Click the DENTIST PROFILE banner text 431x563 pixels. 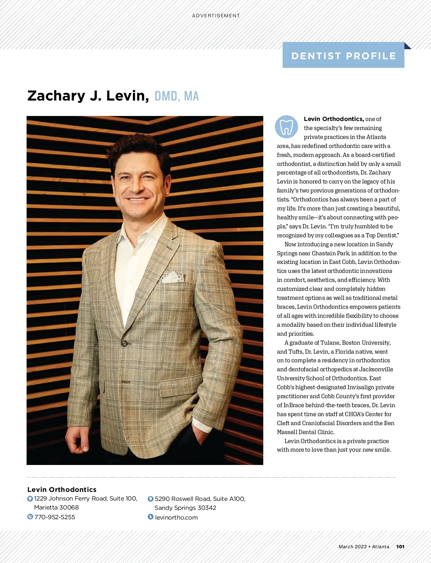(343, 56)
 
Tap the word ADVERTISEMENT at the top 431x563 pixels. (216, 16)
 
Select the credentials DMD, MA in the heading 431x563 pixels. (176, 96)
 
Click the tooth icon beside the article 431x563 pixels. (286, 127)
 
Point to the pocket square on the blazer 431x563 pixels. (172, 277)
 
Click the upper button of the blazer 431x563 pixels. (124, 343)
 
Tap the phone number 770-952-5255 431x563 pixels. (55, 517)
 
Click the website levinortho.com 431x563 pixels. (176, 517)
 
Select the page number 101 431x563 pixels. (400, 546)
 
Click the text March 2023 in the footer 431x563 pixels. (352, 546)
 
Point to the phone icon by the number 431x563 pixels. (30, 517)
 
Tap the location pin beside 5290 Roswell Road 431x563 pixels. (150, 499)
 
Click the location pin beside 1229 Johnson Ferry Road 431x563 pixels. (30, 499)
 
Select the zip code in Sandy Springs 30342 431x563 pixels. (207, 508)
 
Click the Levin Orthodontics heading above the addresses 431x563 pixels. (62, 489)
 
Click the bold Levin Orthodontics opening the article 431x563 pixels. (334, 119)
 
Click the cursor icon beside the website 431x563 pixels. (150, 517)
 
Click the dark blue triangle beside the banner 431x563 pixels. (407, 46)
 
